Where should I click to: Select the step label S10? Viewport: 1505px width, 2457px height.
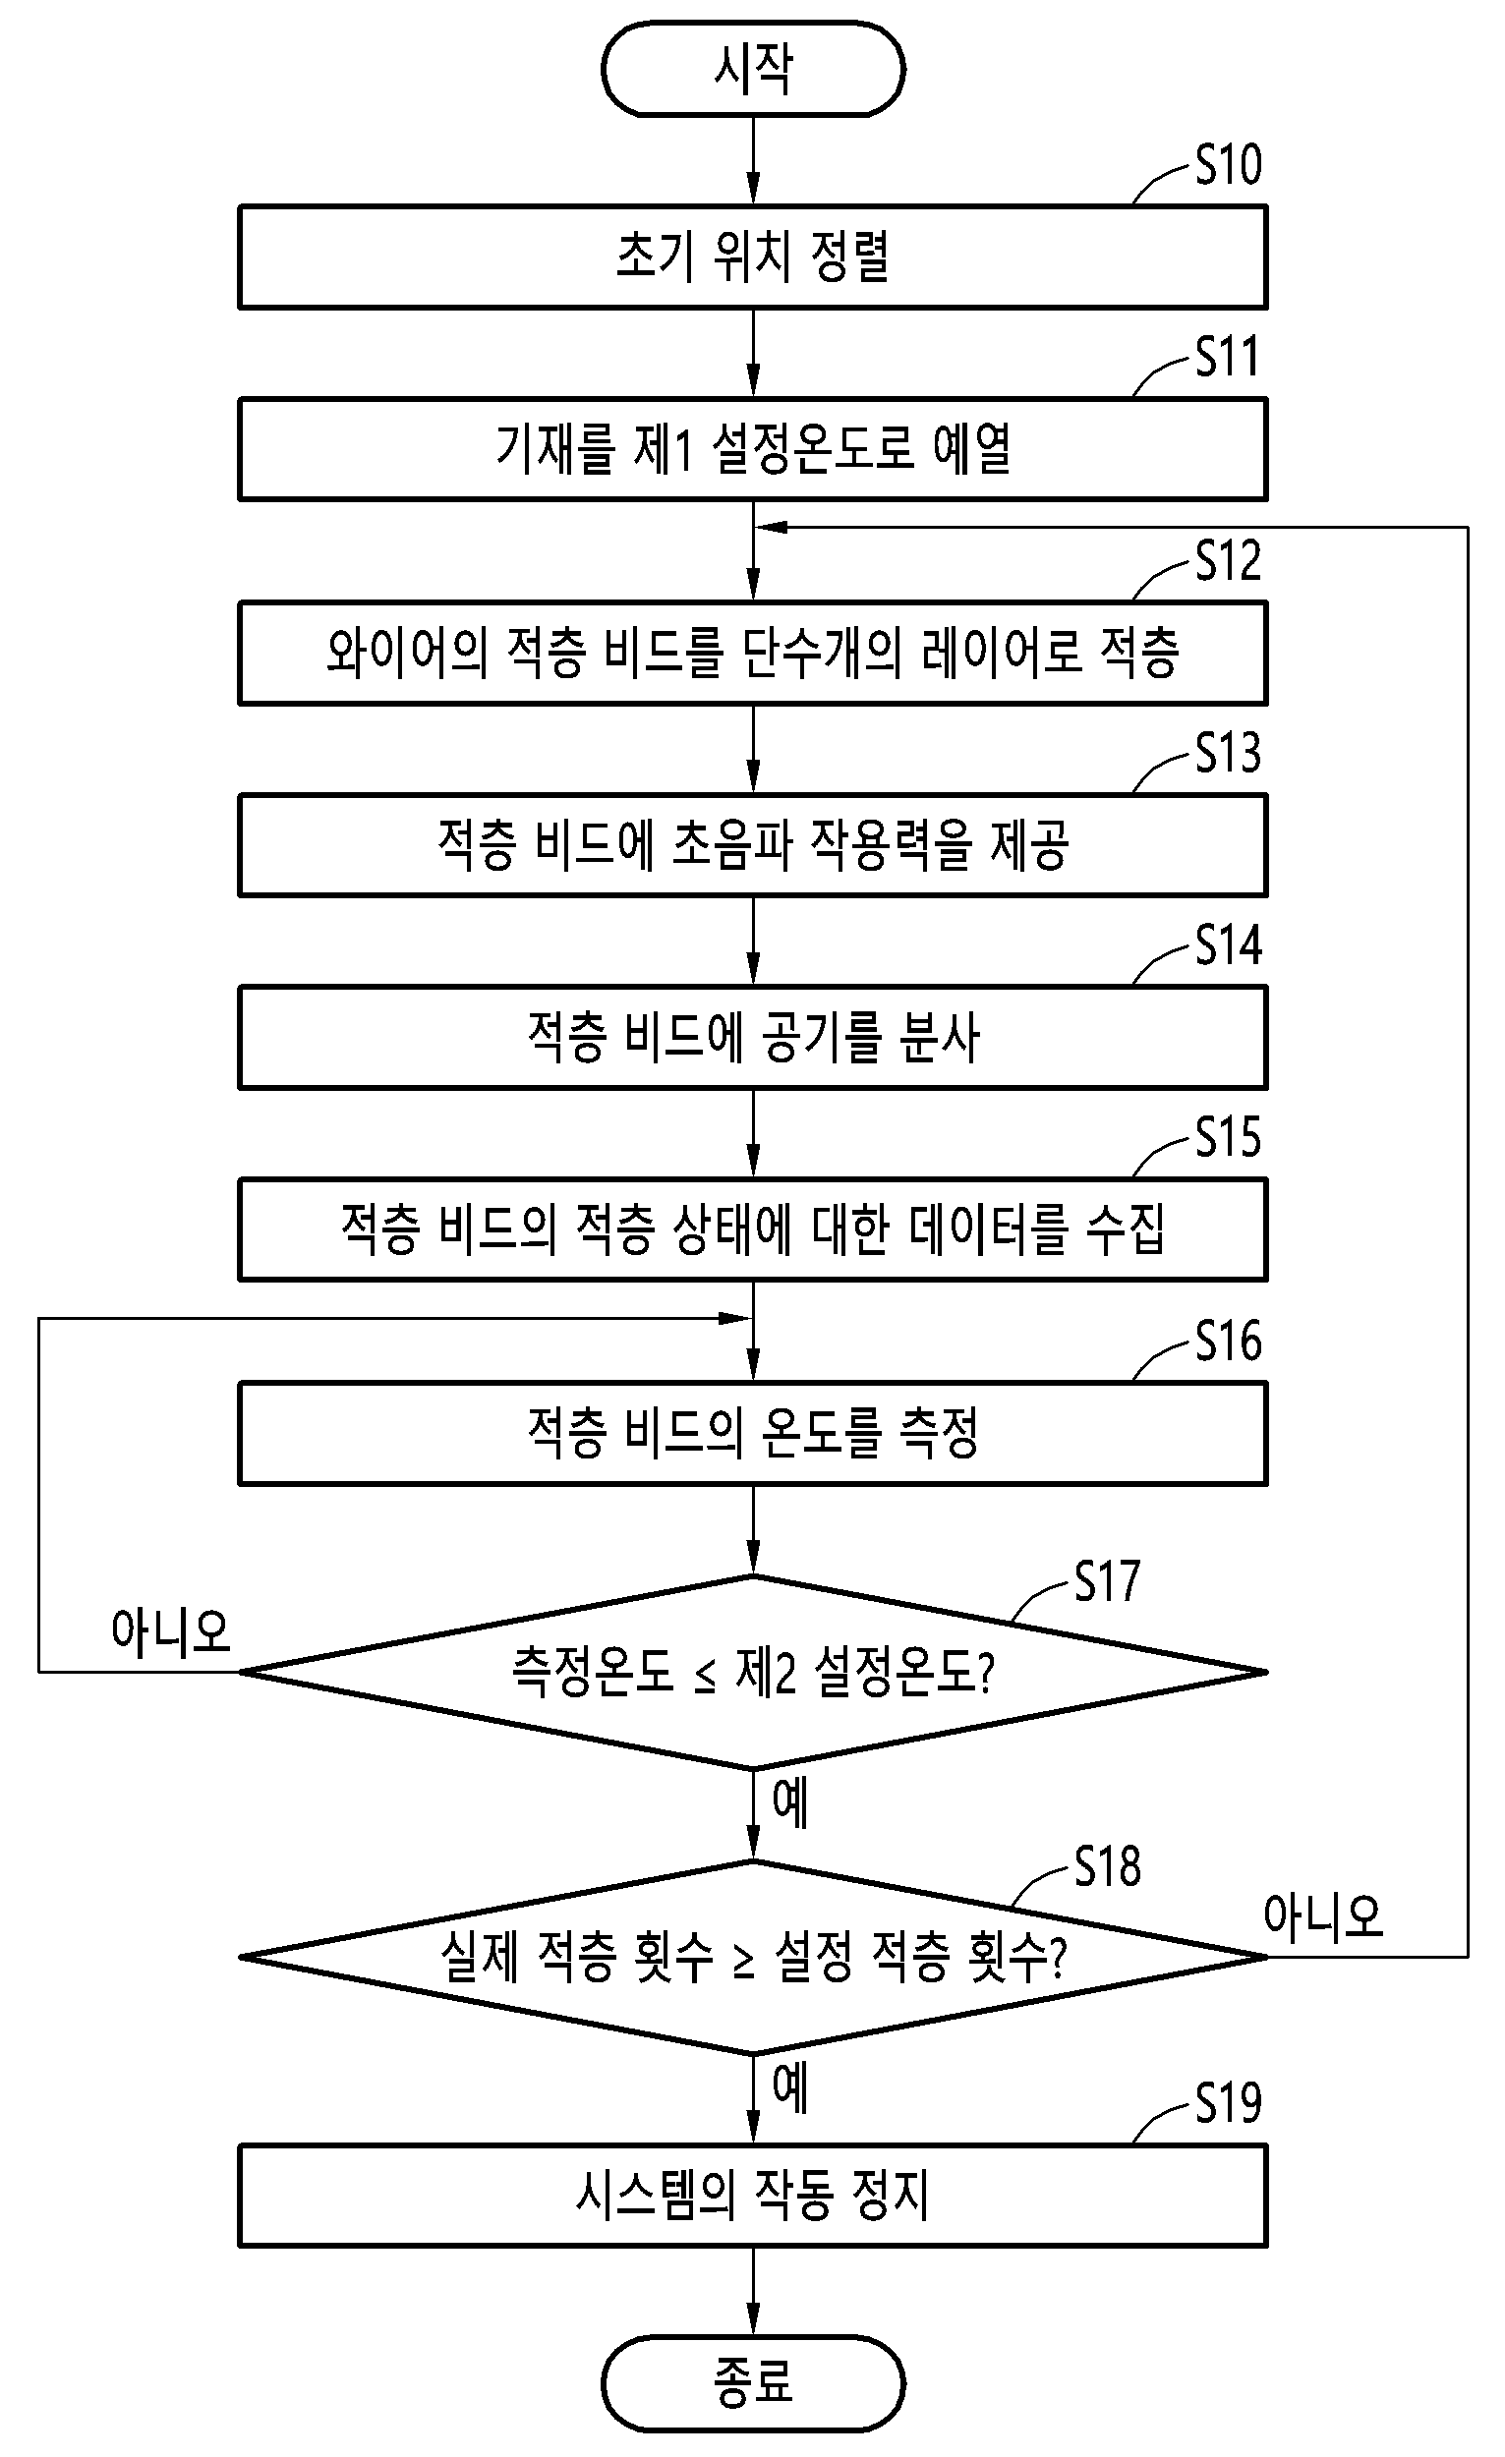point(1229,164)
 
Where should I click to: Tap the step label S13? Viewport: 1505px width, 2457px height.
point(1229,753)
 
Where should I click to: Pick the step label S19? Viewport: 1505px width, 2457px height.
point(1229,2103)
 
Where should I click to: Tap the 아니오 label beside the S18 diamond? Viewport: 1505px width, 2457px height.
point(1323,1915)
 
